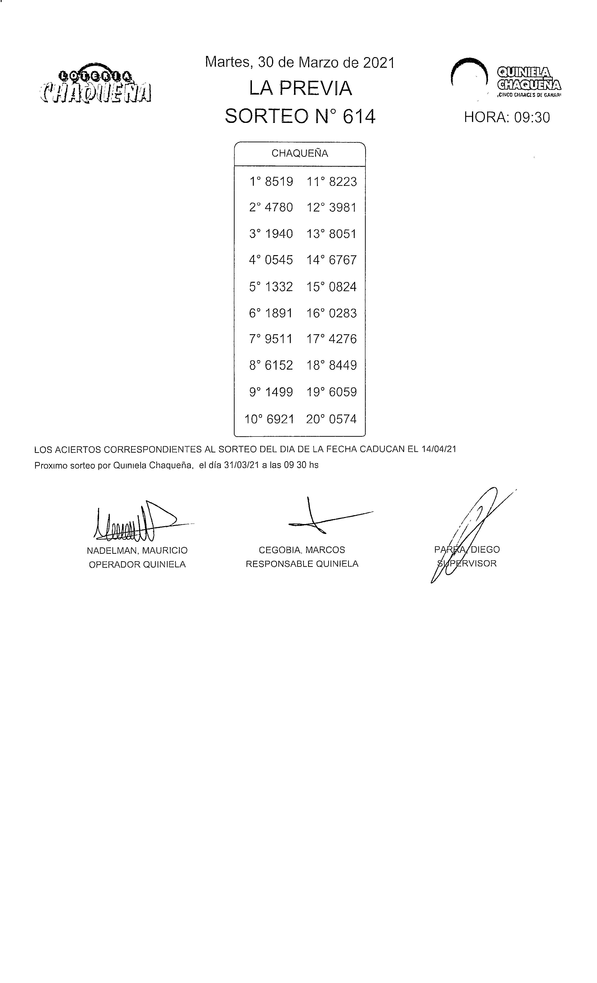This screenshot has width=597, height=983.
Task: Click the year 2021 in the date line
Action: point(378,63)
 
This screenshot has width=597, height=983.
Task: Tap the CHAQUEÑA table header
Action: point(300,154)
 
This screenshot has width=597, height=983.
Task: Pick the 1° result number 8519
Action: point(279,182)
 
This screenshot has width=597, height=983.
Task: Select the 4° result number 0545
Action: point(279,260)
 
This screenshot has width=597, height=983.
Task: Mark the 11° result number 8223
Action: point(343,182)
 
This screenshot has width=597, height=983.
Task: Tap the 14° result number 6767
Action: point(343,260)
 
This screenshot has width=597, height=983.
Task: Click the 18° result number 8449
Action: point(343,365)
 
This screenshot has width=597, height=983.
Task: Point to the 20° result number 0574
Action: point(343,419)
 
